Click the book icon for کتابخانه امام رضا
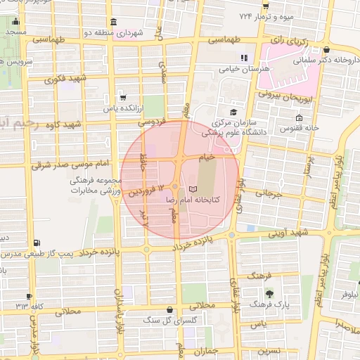193,189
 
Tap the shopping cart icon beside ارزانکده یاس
123,98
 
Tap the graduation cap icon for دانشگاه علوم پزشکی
233,111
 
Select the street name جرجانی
268,191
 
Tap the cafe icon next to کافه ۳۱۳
30,297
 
